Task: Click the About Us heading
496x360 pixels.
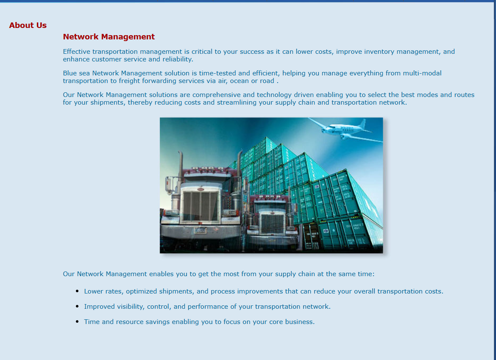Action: (x=28, y=25)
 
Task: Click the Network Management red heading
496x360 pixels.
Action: (x=109, y=37)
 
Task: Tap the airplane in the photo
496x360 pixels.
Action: (x=345, y=130)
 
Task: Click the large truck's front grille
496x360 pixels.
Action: (x=201, y=206)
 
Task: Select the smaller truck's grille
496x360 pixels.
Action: (x=273, y=224)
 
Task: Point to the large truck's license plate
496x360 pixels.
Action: (x=201, y=231)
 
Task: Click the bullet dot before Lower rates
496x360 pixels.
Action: (x=78, y=291)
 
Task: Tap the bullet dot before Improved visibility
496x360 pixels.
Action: (x=78, y=306)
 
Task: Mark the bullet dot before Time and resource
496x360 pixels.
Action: (x=78, y=321)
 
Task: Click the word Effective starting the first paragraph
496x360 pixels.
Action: (x=76, y=52)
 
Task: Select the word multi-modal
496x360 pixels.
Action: (x=422, y=73)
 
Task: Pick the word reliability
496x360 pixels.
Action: (x=178, y=59)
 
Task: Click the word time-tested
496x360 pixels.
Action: (x=217, y=73)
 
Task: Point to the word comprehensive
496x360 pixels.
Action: (x=216, y=95)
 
